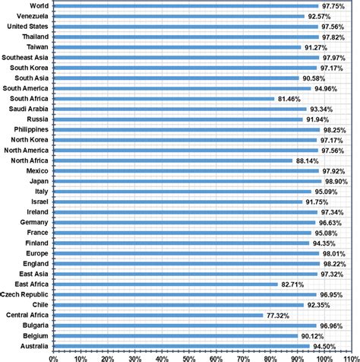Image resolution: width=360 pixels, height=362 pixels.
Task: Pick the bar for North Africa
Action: [x=173, y=160]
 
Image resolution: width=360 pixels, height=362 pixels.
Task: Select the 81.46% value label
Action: [x=291, y=99]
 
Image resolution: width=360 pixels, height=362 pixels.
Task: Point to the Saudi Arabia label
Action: [x=30, y=109]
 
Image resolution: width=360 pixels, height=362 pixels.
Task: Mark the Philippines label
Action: [x=32, y=129]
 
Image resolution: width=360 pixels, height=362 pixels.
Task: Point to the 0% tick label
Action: [x=53, y=356]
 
